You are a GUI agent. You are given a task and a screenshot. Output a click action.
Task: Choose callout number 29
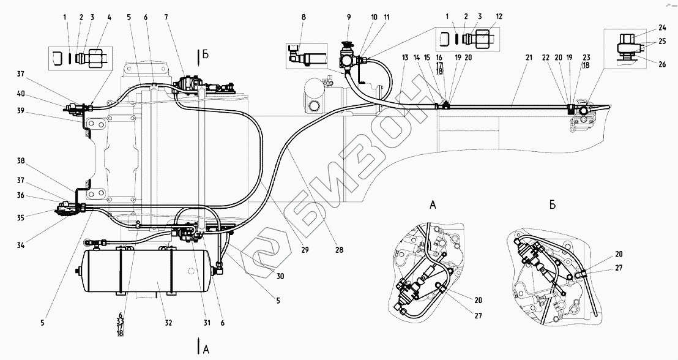(x=304, y=249)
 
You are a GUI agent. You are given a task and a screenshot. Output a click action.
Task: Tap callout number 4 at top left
(x=109, y=18)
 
